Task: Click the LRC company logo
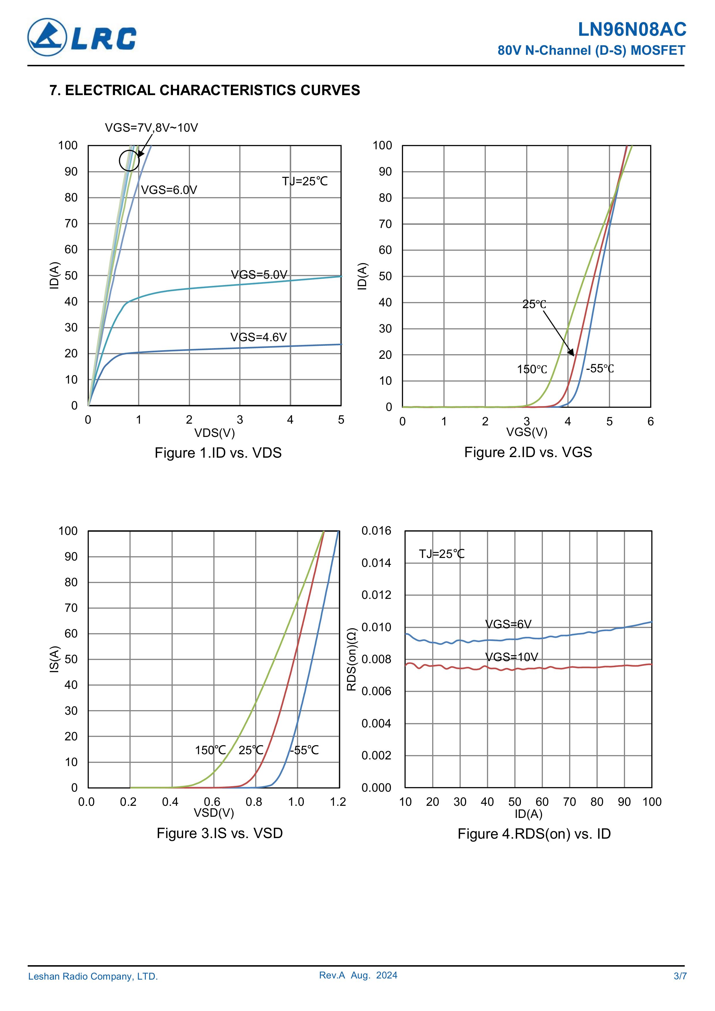pos(82,37)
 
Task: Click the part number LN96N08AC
pos(632,29)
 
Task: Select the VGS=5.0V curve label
pos(259,275)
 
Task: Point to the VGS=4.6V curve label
pos(259,337)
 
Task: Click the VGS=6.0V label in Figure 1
pos(169,190)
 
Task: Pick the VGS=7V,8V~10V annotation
pos(151,128)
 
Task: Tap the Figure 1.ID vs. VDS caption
pos(218,453)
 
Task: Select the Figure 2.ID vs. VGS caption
pos(528,452)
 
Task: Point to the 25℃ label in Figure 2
pos(534,304)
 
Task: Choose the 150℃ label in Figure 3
pos(210,750)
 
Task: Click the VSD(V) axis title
pos(214,812)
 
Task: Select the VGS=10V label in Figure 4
pos(511,657)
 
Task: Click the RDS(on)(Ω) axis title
pos(351,659)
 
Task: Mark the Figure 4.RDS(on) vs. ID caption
pos(534,834)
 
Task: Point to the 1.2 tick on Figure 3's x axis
pos(338,802)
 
